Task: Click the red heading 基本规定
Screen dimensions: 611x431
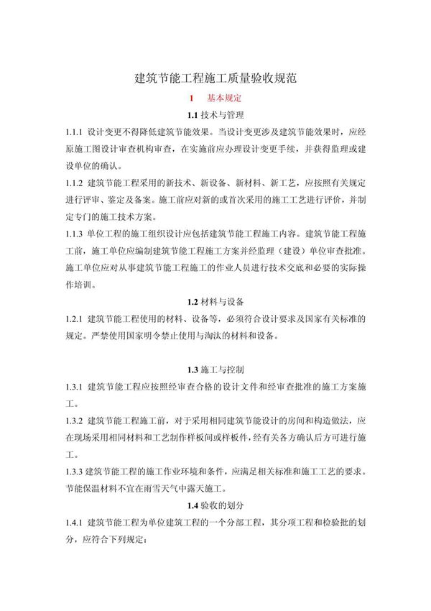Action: click(x=224, y=97)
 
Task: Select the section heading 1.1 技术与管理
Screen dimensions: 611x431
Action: click(x=215, y=115)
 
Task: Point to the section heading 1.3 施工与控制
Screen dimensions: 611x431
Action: click(x=215, y=370)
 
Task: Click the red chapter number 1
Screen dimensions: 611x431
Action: click(x=190, y=97)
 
